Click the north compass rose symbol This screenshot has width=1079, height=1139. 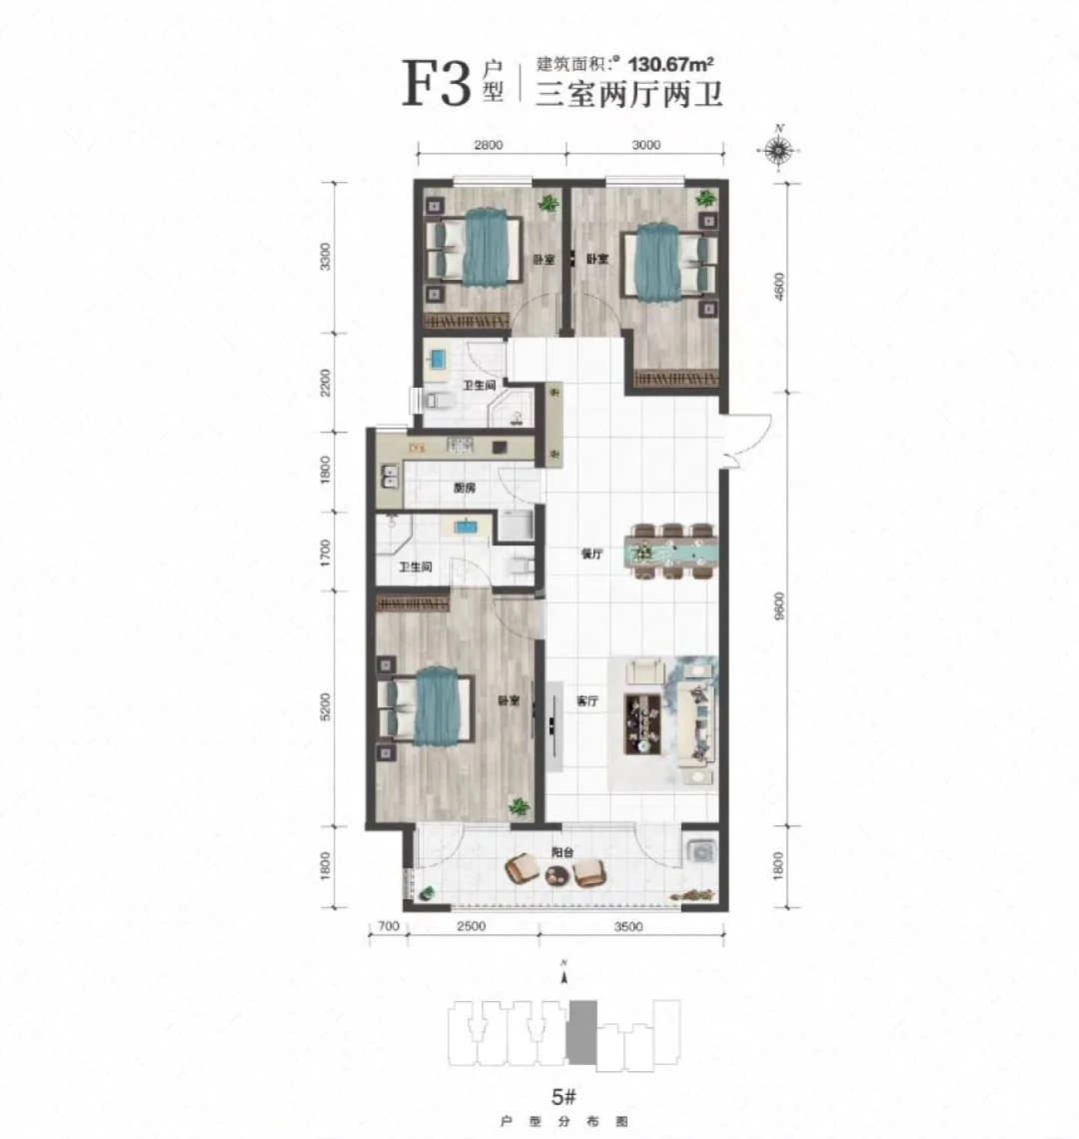(778, 151)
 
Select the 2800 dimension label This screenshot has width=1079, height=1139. (488, 145)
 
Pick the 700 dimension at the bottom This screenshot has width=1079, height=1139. (390, 926)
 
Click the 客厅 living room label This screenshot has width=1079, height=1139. (587, 701)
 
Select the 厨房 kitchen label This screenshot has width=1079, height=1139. (463, 489)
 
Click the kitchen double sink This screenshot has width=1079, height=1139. (388, 483)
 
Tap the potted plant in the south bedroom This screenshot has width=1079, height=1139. (519, 806)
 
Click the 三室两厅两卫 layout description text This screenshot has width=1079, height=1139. (629, 95)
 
